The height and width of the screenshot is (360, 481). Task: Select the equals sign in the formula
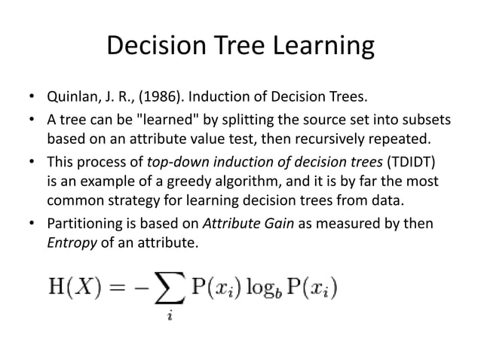120,288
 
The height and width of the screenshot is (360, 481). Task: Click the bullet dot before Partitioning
32,224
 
